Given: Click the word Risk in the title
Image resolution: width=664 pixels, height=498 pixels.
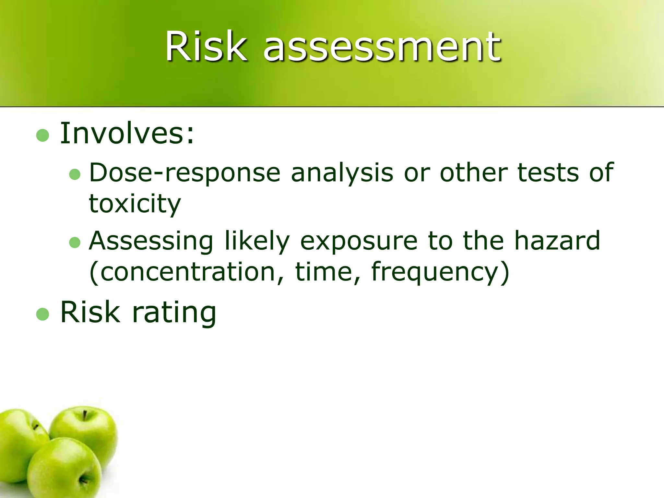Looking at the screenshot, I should pos(206,46).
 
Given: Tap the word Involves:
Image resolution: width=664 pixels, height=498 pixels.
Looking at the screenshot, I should pos(127,133).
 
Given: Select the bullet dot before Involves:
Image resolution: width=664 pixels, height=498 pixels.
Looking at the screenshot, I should pos(42,135).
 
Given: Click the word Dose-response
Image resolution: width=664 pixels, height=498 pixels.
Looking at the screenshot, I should pos(184,173).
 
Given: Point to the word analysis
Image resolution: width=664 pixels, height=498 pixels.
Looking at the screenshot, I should pos(342,173).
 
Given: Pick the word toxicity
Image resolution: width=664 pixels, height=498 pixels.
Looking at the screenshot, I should pos(135,204).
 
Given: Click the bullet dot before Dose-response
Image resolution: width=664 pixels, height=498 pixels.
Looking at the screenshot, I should pos(75,174).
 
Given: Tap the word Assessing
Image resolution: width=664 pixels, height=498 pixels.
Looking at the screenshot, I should pos(151,241).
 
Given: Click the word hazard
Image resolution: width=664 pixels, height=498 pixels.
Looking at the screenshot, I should pos(557,241).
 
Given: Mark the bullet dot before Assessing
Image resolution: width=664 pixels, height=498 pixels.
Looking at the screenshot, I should pos(75,243).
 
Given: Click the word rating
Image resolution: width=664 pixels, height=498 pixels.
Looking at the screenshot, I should pos(174,312).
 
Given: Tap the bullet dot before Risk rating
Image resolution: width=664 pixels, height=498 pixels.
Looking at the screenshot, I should pos(42,314).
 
